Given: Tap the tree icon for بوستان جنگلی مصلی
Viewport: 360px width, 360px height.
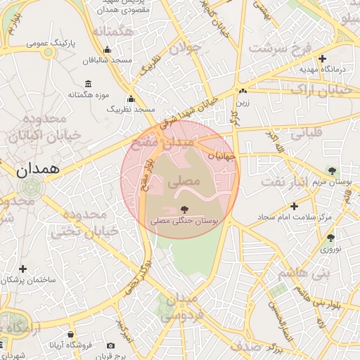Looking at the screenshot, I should (184, 209).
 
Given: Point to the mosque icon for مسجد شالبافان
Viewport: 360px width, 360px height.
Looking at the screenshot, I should (106, 49).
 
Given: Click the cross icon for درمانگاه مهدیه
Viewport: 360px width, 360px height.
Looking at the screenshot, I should (322, 58).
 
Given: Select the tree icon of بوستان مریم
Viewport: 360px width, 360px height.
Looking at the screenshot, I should (331, 170).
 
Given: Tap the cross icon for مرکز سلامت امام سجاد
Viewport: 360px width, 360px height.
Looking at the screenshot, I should (294, 206).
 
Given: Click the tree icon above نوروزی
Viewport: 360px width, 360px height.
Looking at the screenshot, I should (330, 238).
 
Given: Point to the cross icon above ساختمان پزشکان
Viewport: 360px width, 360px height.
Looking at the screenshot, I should (23, 269).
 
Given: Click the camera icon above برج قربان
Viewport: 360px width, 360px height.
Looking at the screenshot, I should (110, 346).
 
